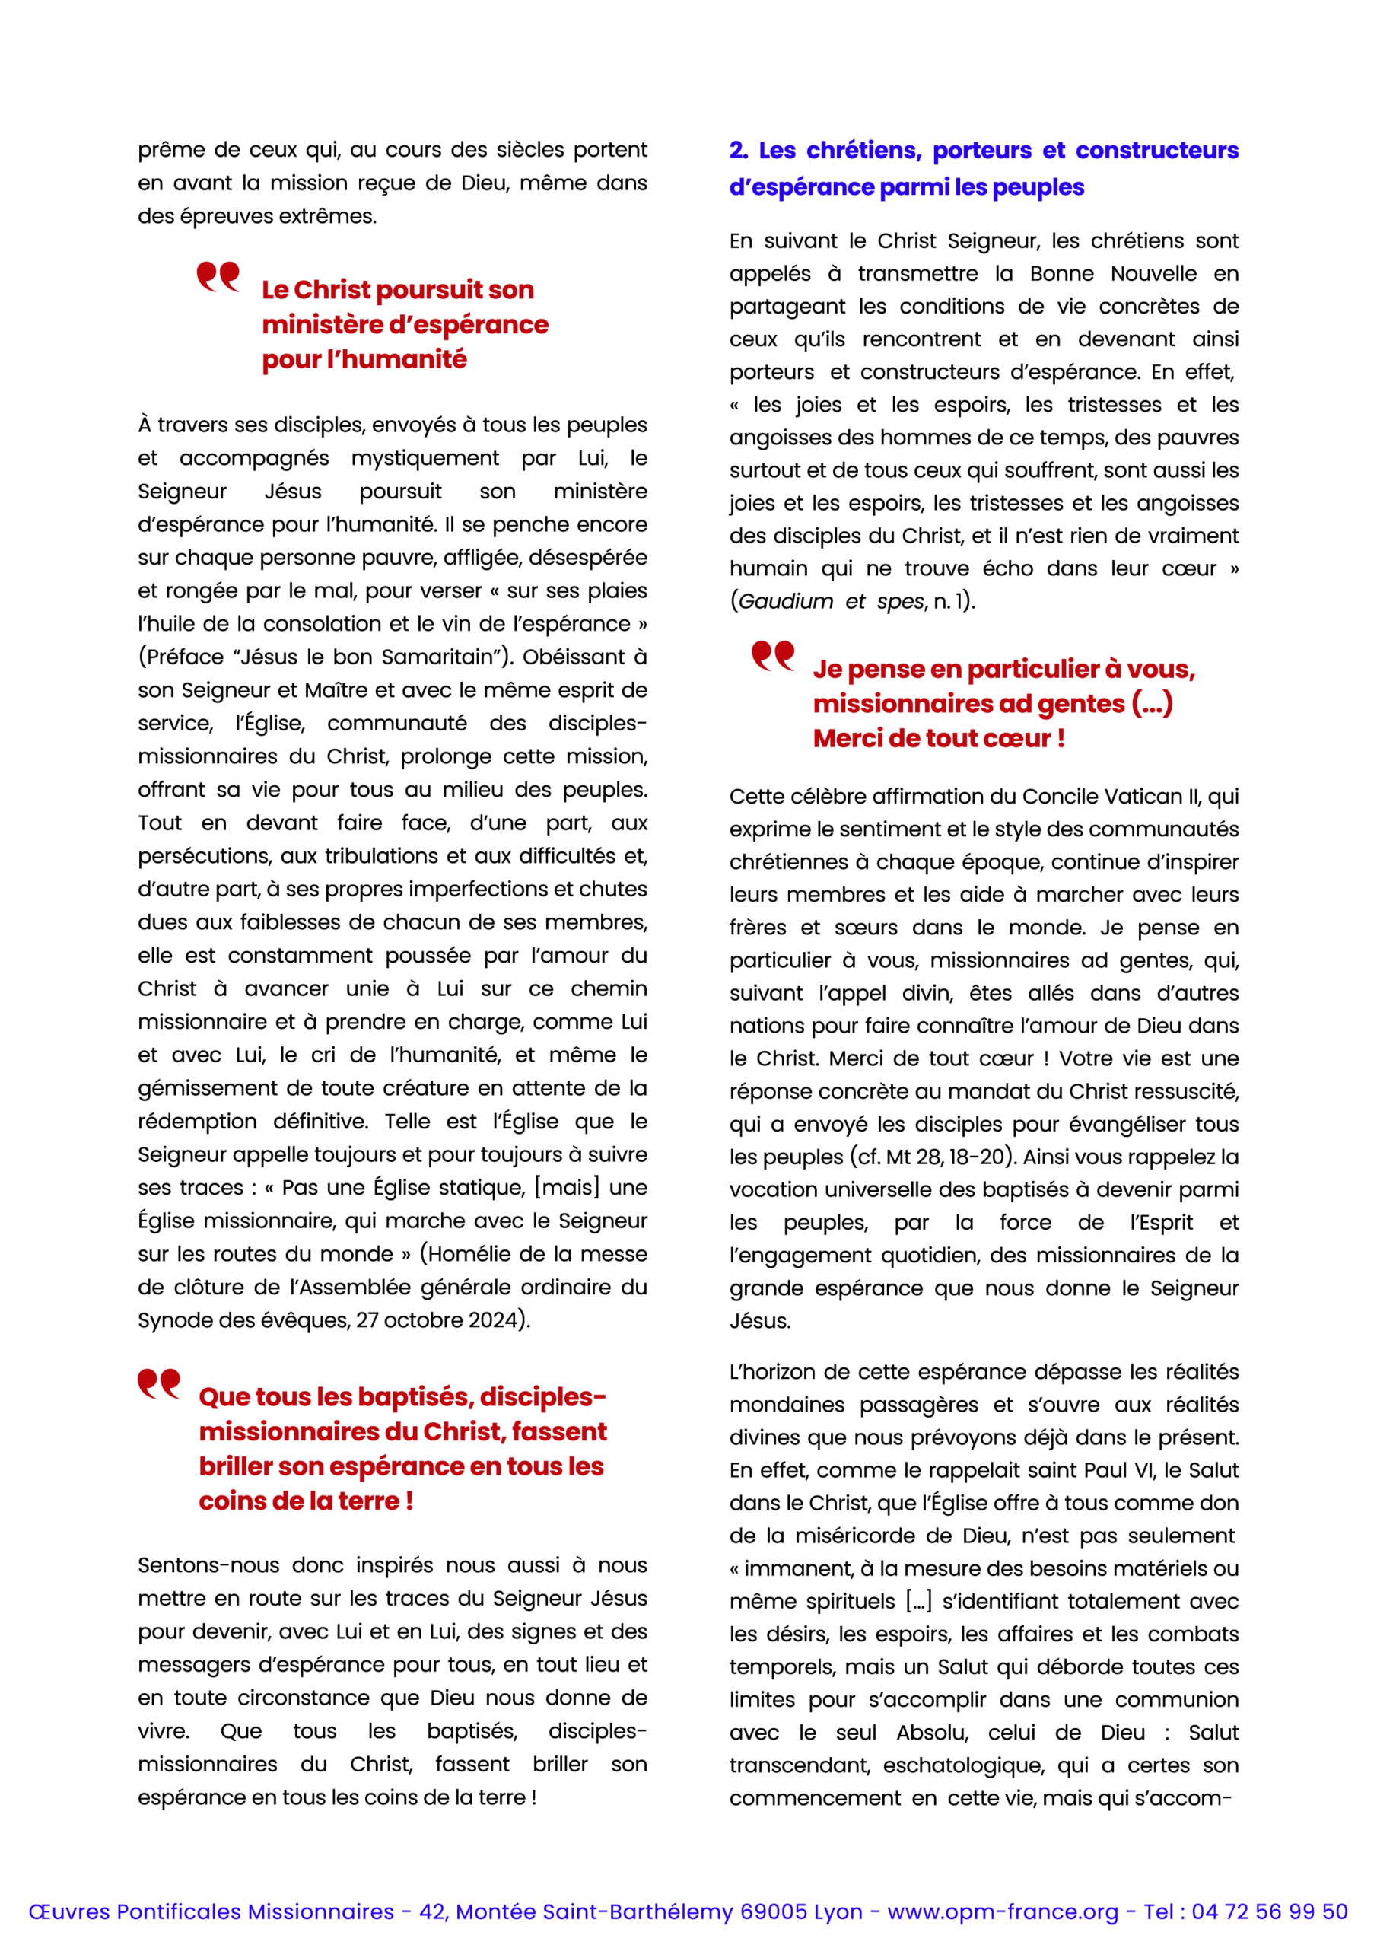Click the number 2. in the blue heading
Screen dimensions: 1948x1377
click(x=738, y=150)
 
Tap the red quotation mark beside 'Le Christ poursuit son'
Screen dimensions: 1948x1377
click(x=218, y=276)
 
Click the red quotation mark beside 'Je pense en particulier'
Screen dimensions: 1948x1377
click(x=773, y=655)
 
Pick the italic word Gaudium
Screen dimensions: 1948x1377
click(x=786, y=602)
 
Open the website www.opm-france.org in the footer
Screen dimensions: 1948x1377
click(x=1003, y=1911)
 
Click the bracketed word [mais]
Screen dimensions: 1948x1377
click(x=566, y=1188)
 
